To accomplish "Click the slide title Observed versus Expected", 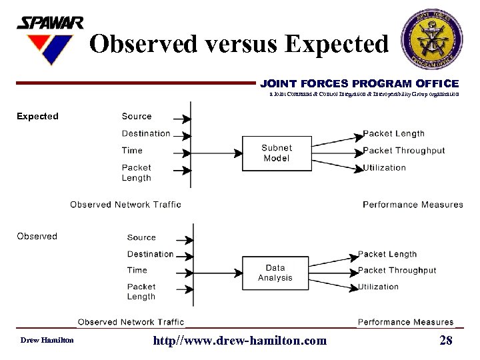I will point(238,44).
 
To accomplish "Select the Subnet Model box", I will point(276,153).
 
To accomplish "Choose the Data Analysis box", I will point(275,273).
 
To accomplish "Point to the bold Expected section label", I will point(37,116).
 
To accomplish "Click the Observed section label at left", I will point(37,236).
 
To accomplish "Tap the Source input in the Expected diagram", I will point(137,117).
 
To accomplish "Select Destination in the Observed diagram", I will point(150,254).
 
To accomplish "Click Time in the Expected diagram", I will point(132,150).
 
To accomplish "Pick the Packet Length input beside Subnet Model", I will point(137,173).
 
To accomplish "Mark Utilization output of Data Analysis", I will point(378,287).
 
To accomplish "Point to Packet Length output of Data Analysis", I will point(387,254).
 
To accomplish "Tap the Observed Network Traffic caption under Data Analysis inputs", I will point(131,323).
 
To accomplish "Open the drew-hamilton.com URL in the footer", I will point(240,341).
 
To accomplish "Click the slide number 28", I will point(446,341).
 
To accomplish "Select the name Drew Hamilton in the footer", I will point(47,341).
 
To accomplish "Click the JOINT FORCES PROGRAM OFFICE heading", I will point(359,84).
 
